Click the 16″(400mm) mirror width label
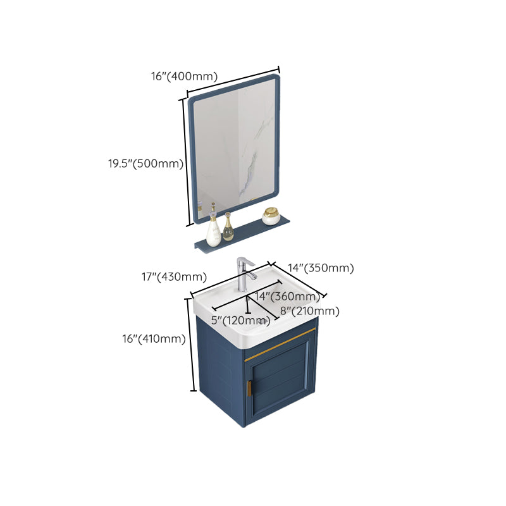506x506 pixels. coord(184,77)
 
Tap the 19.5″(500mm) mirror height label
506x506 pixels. coord(145,164)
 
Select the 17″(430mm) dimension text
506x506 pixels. coord(175,276)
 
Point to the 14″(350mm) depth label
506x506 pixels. coord(322,268)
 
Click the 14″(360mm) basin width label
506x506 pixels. coord(287,297)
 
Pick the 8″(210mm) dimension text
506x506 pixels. coord(309,311)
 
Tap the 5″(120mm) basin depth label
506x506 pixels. coord(241,320)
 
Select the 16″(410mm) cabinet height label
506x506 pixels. coord(154,339)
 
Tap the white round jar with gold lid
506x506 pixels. coord(271,216)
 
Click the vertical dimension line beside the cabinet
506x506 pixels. coord(190,345)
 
